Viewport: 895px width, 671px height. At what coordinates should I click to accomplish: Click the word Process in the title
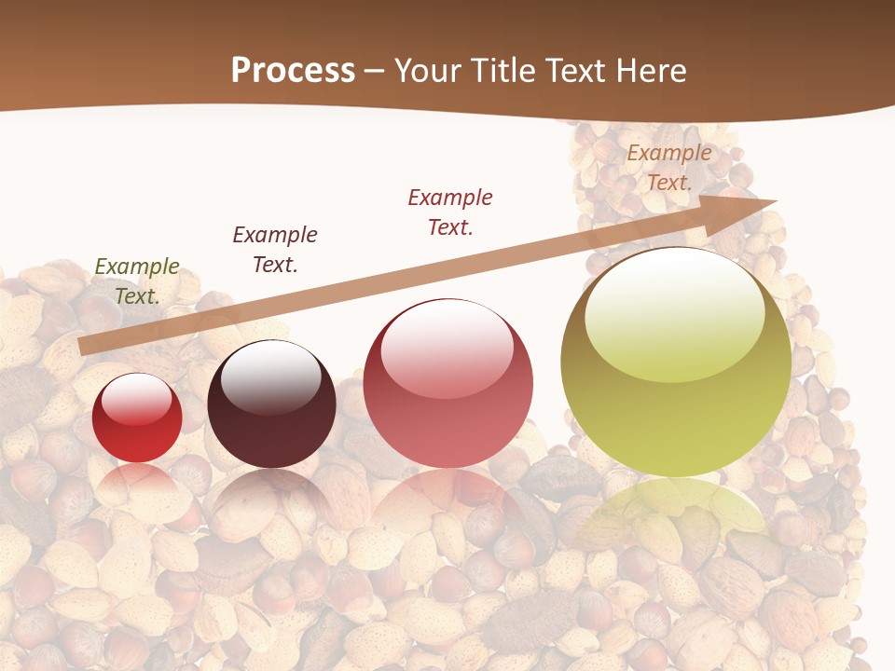point(293,71)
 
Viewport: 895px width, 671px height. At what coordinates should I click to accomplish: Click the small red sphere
point(137,418)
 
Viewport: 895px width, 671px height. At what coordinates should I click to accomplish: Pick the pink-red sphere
point(448,383)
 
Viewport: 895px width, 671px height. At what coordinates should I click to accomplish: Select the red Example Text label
point(450,212)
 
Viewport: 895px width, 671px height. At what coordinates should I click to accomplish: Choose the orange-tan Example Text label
point(669,168)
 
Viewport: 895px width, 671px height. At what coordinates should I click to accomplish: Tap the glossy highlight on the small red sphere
point(137,399)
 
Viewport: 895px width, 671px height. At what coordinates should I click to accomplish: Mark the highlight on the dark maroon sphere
point(271,375)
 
